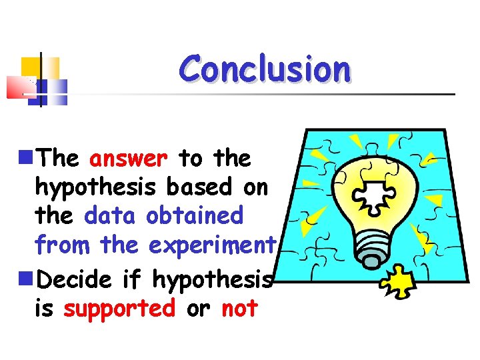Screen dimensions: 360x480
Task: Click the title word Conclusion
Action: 265,69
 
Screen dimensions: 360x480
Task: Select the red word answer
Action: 128,159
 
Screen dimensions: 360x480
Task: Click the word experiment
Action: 211,245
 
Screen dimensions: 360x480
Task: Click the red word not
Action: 239,309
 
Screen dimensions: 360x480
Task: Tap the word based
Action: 197,187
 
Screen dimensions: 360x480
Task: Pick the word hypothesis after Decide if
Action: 213,280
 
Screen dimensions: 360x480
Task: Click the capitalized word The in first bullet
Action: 59,159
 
